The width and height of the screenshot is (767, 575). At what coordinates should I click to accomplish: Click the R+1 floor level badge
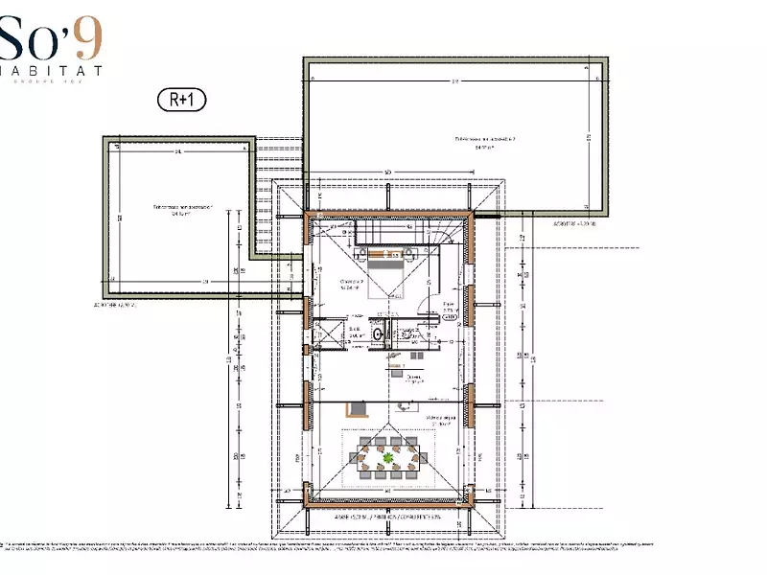coord(181,98)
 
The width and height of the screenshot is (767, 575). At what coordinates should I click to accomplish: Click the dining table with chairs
coord(387,457)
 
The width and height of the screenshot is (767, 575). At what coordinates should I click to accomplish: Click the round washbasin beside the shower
coord(379,334)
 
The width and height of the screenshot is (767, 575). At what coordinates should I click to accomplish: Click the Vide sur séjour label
coord(439,420)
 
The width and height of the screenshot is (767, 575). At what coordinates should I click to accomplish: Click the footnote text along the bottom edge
coord(383,542)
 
